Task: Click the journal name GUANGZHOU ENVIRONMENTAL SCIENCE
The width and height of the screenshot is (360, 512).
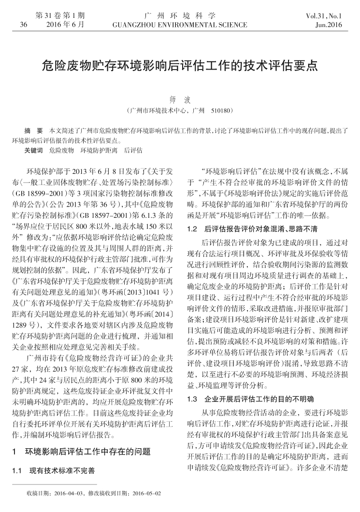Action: pos(180,24)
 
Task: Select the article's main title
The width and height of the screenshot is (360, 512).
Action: pos(180,65)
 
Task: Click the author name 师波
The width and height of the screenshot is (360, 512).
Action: pos(180,100)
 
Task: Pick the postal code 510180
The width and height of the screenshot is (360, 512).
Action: pos(223,111)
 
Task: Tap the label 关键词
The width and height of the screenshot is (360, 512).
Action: pos(33,151)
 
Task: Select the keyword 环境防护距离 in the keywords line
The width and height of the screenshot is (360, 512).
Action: pos(99,151)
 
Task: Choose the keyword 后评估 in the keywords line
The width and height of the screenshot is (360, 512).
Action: pos(133,151)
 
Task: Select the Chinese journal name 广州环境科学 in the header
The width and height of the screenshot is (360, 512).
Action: pos(180,15)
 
